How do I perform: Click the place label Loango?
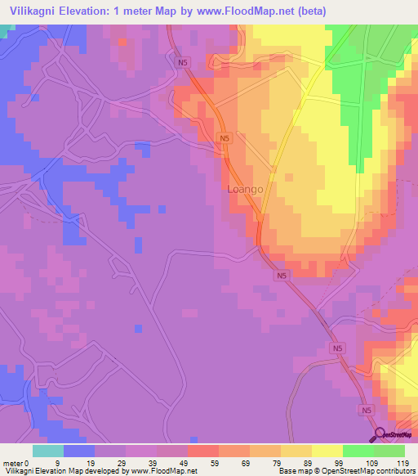[246, 189]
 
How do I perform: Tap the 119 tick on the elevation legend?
[402, 462]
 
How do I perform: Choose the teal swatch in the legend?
[48, 451]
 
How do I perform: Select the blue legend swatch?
[79, 451]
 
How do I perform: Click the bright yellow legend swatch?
[327, 451]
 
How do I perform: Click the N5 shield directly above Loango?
[225, 139]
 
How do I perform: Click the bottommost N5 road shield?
[367, 409]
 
